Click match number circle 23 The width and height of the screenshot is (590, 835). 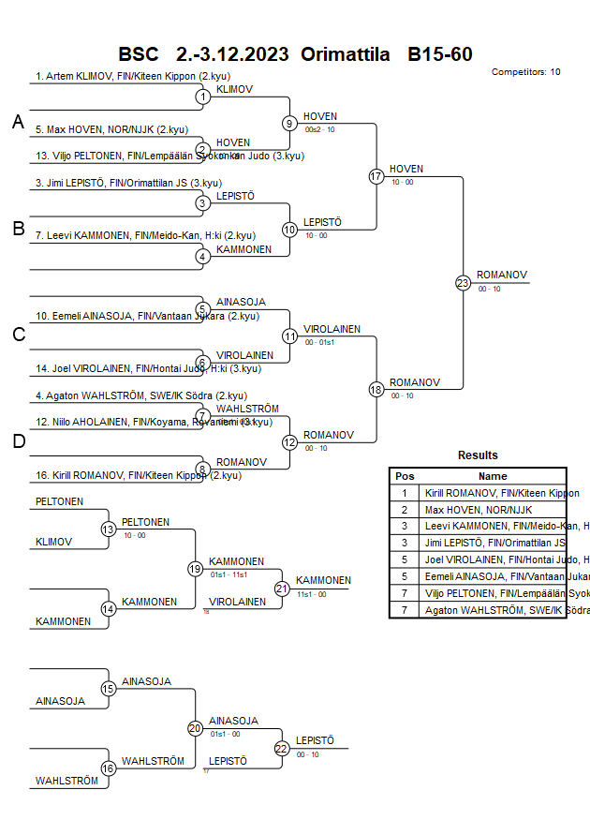pyautogui.click(x=463, y=282)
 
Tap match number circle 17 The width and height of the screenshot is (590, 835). pyautogui.click(x=376, y=176)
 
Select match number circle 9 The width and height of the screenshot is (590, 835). pyautogui.click(x=290, y=123)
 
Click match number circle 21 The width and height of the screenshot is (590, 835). pyautogui.click(x=282, y=589)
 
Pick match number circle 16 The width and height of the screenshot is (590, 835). pyautogui.click(x=109, y=768)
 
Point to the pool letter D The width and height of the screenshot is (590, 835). pyautogui.click(x=18, y=442)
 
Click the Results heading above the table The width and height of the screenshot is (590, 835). pyautogui.click(x=478, y=455)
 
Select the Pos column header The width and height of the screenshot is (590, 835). pyautogui.click(x=405, y=476)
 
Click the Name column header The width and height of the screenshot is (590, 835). pyautogui.click(x=493, y=476)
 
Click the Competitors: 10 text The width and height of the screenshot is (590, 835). pyautogui.click(x=525, y=72)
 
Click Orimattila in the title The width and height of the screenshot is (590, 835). pyautogui.click(x=345, y=54)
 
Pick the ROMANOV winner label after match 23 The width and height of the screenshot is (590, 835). pyautogui.click(x=502, y=275)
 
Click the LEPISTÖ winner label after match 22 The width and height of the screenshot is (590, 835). pyautogui.click(x=315, y=740)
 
